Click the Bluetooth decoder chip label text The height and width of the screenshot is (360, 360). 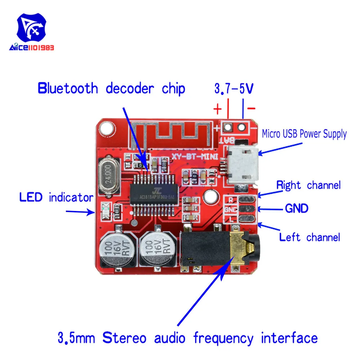111,88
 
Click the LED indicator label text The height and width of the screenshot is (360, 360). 56,198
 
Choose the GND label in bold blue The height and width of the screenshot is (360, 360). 297,208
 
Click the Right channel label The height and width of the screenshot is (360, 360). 308,185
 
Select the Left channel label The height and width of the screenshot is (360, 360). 310,237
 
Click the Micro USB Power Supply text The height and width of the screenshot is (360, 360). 304,134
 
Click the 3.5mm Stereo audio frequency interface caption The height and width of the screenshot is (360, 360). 188,338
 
